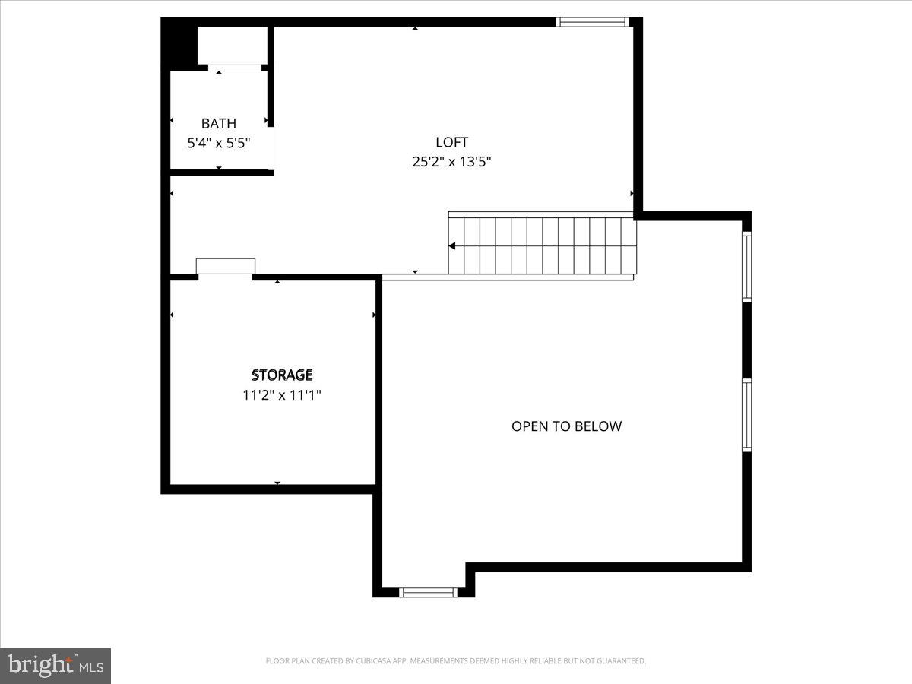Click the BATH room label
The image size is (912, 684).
click(218, 123)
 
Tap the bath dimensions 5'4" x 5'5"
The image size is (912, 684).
click(218, 142)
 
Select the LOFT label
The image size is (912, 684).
click(451, 142)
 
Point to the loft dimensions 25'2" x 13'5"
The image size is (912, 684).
click(451, 161)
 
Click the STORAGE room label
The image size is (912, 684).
click(282, 375)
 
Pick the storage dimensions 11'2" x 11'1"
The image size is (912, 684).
click(282, 394)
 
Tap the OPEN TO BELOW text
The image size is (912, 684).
click(566, 426)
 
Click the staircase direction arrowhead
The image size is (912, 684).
click(452, 245)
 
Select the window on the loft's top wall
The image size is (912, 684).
click(593, 22)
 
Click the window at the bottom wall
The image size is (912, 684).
click(429, 592)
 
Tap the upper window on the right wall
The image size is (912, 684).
click(746, 266)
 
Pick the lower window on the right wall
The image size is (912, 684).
click(746, 416)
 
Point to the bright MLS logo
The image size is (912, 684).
click(55, 666)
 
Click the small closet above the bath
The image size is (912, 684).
click(232, 46)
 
